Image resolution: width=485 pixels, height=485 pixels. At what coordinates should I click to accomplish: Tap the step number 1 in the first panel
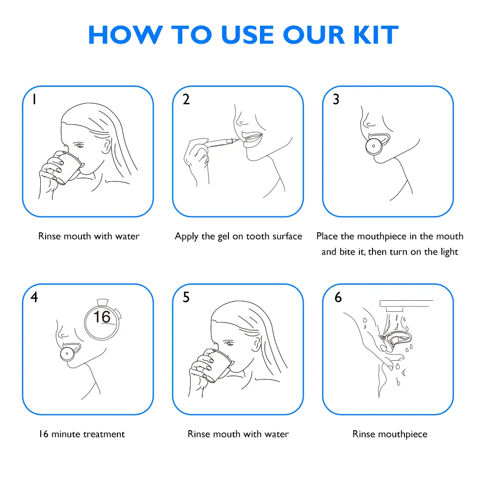click(x=34, y=99)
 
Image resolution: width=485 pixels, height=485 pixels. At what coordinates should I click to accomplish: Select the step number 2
click(x=186, y=99)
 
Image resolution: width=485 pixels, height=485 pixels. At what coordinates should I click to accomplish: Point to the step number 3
click(x=336, y=99)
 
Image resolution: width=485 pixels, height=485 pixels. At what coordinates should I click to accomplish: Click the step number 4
click(x=34, y=297)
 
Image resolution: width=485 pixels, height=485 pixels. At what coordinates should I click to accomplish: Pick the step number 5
click(x=186, y=297)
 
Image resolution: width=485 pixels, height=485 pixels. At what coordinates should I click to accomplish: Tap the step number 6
click(x=338, y=297)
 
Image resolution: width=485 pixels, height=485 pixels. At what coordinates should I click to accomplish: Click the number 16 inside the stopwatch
click(x=102, y=317)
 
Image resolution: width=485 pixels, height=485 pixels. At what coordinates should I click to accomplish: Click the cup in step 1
click(x=68, y=167)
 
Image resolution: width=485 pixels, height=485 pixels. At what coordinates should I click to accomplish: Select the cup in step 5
click(x=218, y=365)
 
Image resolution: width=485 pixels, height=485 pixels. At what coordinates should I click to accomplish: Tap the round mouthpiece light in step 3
click(x=373, y=146)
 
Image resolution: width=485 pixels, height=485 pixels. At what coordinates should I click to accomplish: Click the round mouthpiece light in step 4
click(x=67, y=353)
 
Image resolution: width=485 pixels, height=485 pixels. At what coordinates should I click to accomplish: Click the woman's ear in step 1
click(x=106, y=146)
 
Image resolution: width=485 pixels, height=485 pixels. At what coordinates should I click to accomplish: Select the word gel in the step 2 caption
click(x=223, y=237)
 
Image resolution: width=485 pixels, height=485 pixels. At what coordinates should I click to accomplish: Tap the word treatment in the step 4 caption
click(x=104, y=434)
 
